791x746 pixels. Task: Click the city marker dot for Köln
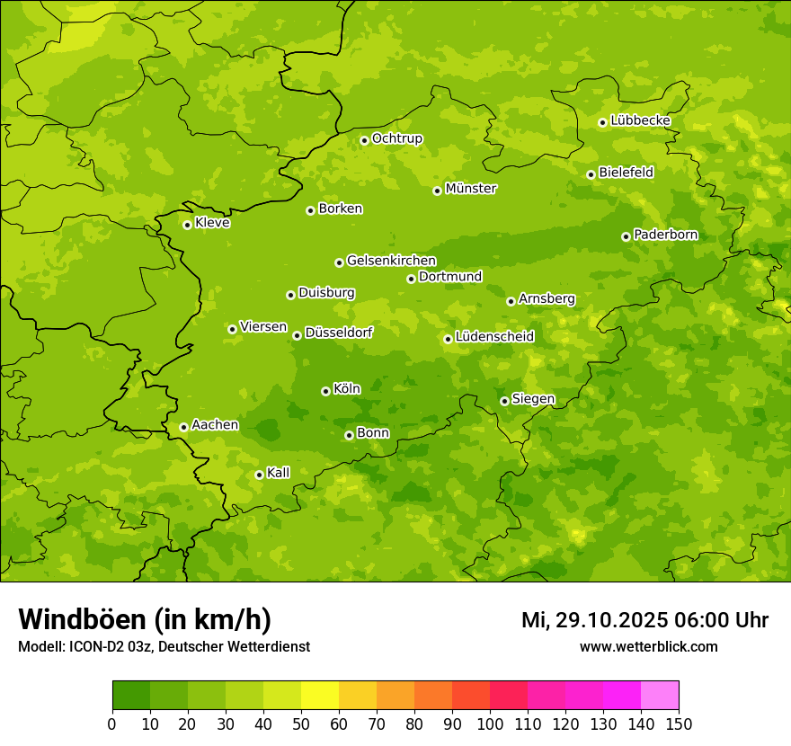(325, 391)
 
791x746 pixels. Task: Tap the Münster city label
(470, 189)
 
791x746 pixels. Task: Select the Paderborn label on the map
(665, 235)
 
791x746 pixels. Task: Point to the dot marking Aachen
(183, 427)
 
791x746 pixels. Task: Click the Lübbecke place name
(640, 120)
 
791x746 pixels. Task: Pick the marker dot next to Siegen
(504, 401)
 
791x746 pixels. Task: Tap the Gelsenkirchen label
(391, 261)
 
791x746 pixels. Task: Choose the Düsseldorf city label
(338, 333)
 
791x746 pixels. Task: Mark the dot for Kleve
(187, 225)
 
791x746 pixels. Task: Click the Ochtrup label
(396, 138)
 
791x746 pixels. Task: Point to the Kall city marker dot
(259, 475)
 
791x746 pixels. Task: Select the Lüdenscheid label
(494, 337)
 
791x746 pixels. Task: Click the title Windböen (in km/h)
(145, 619)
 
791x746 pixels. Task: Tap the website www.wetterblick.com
(648, 646)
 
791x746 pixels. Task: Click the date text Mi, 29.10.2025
(592, 620)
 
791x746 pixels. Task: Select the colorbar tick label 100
(490, 724)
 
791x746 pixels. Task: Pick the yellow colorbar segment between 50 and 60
(320, 696)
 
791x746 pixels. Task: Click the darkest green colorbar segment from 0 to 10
(131, 696)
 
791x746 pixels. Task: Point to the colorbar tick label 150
(678, 724)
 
